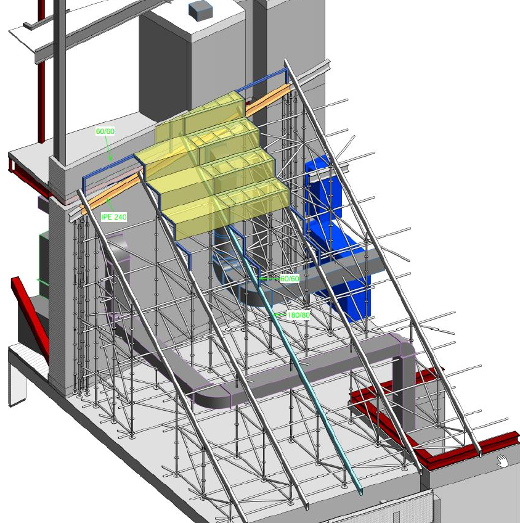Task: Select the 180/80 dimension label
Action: point(299,315)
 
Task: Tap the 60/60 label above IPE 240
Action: point(105,131)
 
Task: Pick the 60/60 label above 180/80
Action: point(290,279)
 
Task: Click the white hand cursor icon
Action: point(503,460)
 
